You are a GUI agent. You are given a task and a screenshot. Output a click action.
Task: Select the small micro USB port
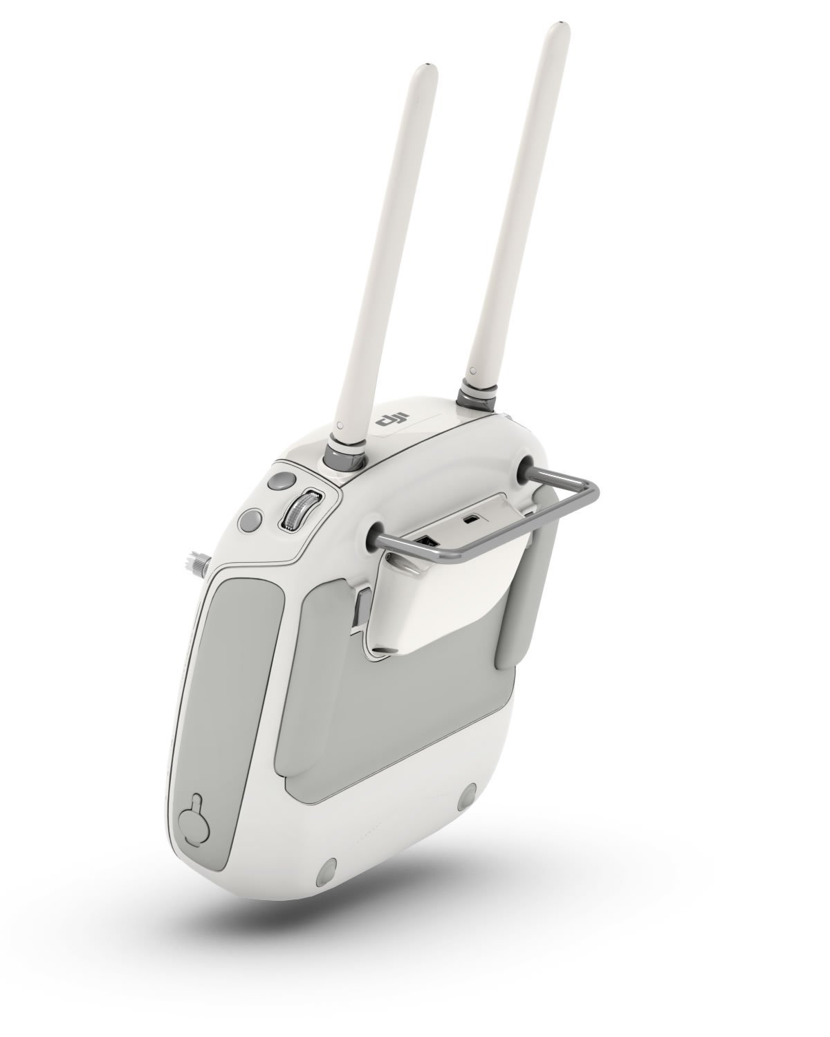tap(471, 519)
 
